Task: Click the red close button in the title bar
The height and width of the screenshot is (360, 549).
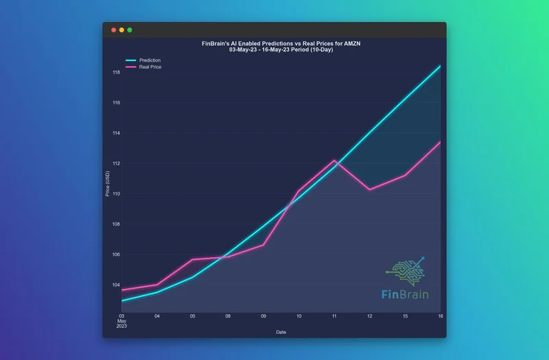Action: click(114, 30)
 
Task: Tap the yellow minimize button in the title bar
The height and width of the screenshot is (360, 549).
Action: click(122, 30)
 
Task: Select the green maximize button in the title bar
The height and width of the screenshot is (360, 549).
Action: click(130, 30)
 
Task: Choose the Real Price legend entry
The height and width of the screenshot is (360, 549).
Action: click(150, 67)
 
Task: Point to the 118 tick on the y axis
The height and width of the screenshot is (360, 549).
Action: click(117, 73)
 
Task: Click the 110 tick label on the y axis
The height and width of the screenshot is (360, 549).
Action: click(117, 194)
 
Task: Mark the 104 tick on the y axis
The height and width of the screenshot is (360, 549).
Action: click(117, 285)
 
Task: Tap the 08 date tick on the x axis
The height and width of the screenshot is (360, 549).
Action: click(228, 317)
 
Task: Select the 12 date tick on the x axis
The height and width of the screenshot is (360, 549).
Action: click(369, 317)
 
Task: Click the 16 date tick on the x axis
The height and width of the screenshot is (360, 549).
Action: click(440, 317)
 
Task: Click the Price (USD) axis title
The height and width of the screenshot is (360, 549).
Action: click(108, 184)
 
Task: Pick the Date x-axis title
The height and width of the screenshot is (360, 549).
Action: click(281, 332)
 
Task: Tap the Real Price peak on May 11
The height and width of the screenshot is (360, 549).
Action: click(334, 160)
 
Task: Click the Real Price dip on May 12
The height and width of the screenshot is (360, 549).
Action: click(370, 189)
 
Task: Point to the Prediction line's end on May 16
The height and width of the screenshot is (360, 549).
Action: click(440, 66)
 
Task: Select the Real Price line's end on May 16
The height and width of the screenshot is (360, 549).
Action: click(440, 143)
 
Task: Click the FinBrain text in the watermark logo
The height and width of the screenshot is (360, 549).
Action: click(405, 295)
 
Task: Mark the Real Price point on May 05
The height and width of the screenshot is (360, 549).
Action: click(192, 259)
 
